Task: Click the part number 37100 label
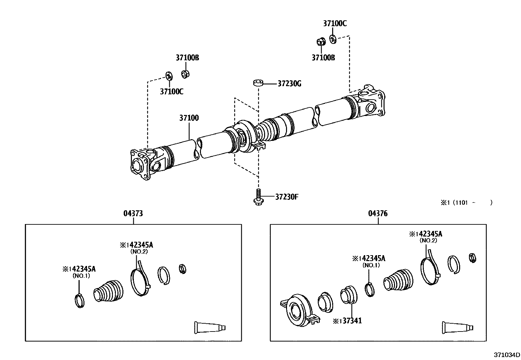(x=189, y=118)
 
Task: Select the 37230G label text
(x=289, y=84)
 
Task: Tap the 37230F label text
(x=287, y=197)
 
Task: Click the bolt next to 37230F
(x=258, y=198)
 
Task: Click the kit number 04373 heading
(x=133, y=214)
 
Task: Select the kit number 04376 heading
(x=378, y=214)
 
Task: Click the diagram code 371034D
(x=507, y=355)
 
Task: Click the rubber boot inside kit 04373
(x=109, y=290)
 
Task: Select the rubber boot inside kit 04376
(x=398, y=280)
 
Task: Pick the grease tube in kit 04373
(x=210, y=328)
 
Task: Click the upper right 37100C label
(x=335, y=24)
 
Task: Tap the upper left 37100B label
(x=187, y=58)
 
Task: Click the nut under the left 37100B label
(x=186, y=74)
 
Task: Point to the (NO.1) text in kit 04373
(x=81, y=276)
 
